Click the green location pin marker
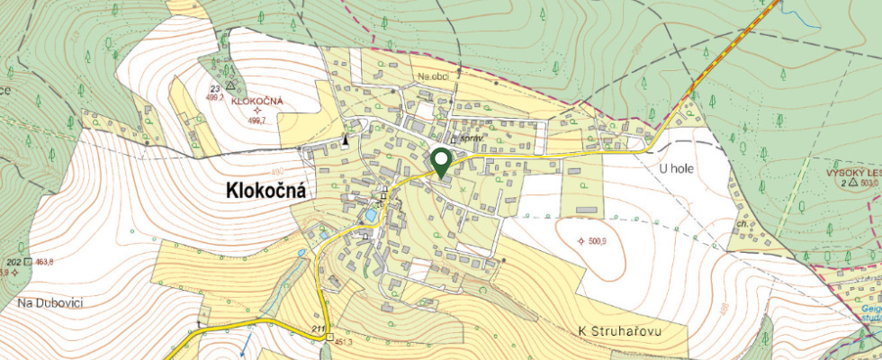point(441,162)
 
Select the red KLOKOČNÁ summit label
point(256,102)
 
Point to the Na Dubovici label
point(50,303)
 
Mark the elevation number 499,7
point(258,120)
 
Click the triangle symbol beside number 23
point(230,86)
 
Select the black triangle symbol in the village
point(345,141)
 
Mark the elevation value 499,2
point(215,97)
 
